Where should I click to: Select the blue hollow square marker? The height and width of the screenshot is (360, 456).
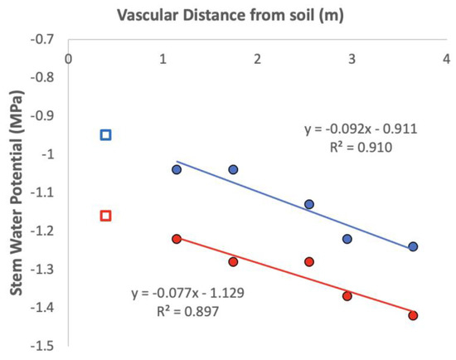tap(105, 134)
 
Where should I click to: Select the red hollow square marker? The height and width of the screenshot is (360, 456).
tap(105, 216)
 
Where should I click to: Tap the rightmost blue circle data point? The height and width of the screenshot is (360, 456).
tap(413, 246)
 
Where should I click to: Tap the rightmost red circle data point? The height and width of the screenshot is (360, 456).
tap(413, 315)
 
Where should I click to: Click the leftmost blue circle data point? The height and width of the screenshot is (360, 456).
tap(177, 169)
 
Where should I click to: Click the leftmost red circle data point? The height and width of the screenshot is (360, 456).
tap(177, 239)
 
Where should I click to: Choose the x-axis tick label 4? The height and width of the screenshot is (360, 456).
tap(447, 59)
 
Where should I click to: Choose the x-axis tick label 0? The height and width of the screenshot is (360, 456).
tap(68, 59)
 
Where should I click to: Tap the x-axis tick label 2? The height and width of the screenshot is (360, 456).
tap(258, 59)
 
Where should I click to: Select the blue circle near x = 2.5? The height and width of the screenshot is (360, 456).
tap(309, 204)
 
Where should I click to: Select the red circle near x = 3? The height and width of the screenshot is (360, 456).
tap(347, 296)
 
